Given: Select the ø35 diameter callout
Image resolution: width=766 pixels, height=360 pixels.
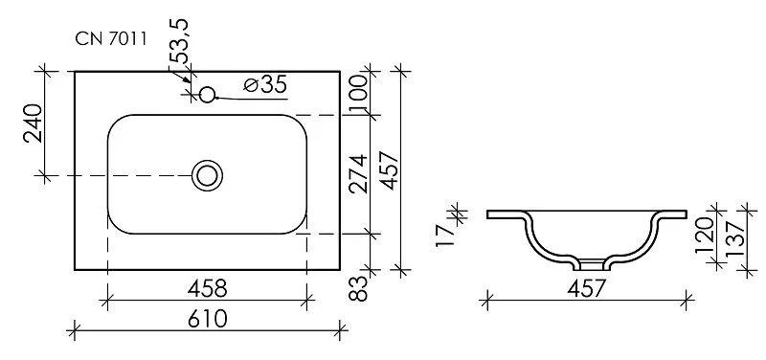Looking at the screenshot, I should coord(265,85).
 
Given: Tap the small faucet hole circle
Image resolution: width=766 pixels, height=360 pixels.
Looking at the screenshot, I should coord(207,94).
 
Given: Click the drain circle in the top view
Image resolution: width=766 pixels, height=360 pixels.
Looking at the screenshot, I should coord(207,175).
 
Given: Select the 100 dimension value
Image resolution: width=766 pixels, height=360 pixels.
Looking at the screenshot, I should coord(359,93).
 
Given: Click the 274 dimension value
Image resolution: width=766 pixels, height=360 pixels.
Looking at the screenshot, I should coord(359,173).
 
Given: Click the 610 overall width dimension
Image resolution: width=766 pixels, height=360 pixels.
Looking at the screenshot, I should coord(206,319).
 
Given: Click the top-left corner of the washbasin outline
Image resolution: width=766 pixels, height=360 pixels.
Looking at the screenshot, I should coord(76,71).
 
